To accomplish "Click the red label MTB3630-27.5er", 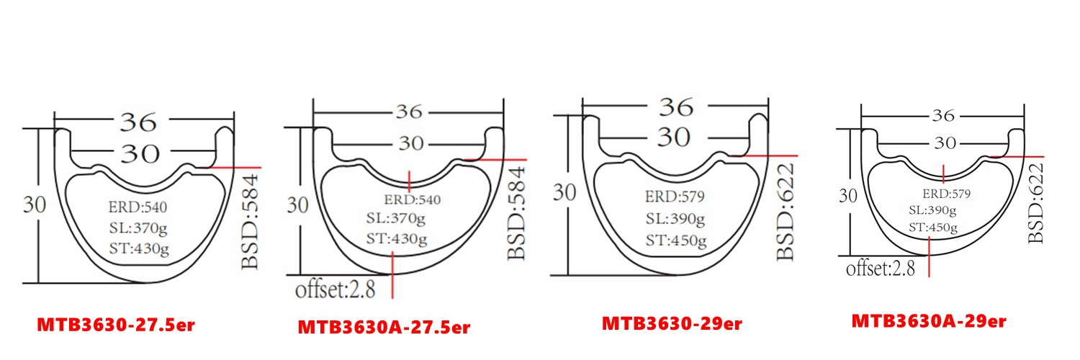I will coord(116,325).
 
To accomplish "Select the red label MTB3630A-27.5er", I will coord(384,328).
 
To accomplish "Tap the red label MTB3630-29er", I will coord(672,323).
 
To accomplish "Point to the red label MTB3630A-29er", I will coord(928,320).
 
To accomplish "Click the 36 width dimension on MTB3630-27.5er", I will coord(138,122).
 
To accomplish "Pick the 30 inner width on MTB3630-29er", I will coord(673,137).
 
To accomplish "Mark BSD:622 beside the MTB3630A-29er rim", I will coord(1035,204).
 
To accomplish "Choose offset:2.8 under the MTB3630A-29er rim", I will coord(880,269).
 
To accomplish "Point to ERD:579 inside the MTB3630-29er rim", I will coord(674,197).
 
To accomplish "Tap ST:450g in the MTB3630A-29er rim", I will coord(933,228).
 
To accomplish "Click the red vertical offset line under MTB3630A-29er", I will coord(929,259).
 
